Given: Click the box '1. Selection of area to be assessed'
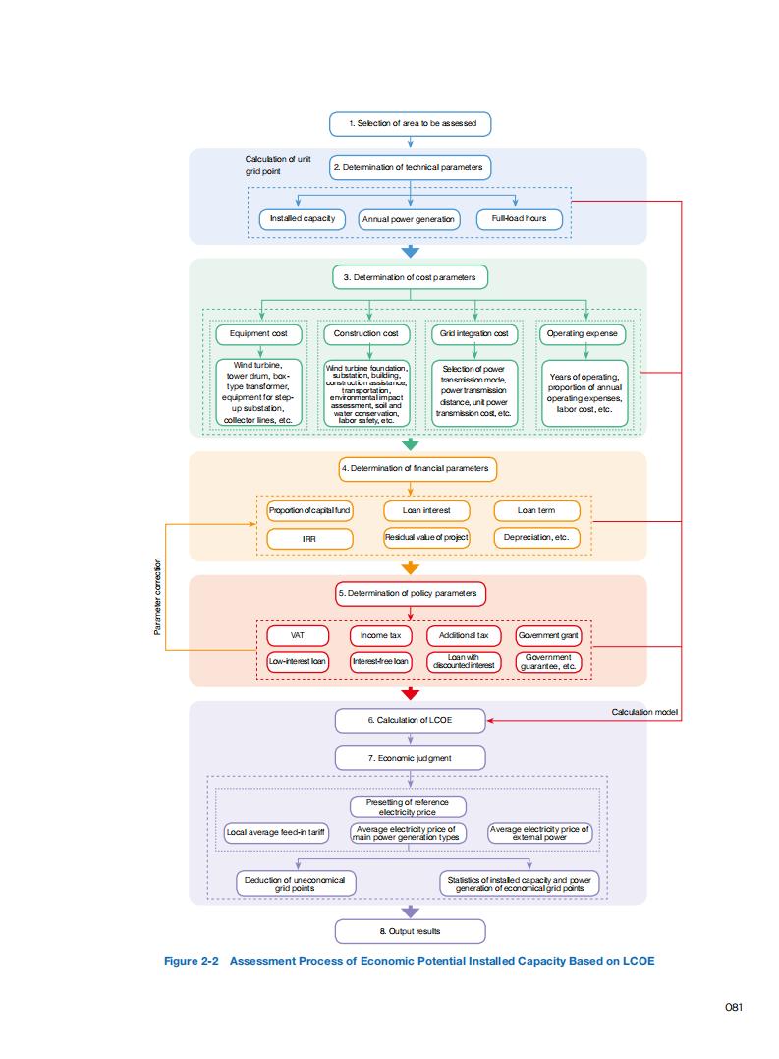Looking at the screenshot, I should pos(410,124).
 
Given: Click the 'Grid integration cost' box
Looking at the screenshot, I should pos(474,334).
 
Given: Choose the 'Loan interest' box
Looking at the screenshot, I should pos(426,511).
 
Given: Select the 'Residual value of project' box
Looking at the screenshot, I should pos(426,538).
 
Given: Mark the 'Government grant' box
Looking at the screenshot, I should pos(549,635).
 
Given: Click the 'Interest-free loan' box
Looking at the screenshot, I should pos(380,662).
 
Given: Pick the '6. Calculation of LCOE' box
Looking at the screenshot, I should pos(410,721).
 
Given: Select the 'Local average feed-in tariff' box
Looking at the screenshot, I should pos(276,833).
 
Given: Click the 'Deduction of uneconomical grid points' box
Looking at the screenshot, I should pos(295,883).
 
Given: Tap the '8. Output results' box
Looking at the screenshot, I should pos(410,931).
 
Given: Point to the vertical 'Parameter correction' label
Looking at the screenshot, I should pos(157,597).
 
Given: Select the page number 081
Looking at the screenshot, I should pos(733,1006).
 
